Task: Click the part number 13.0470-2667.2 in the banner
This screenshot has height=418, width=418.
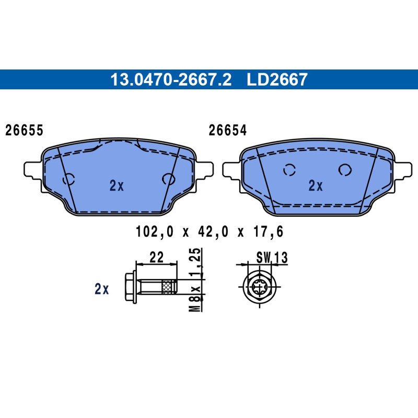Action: pyautogui.click(x=171, y=79)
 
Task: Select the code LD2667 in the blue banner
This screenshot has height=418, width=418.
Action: pyautogui.click(x=277, y=79)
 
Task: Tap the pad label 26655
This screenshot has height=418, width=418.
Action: pyautogui.click(x=24, y=130)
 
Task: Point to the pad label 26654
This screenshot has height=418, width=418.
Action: pyautogui.click(x=227, y=130)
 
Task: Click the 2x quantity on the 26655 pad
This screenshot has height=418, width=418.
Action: pyautogui.click(x=117, y=185)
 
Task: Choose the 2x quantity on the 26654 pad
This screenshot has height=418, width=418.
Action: pyautogui.click(x=316, y=185)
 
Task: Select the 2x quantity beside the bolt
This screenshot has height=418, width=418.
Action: pyautogui.click(x=101, y=289)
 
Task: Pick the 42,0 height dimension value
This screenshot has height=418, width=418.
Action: pyautogui.click(x=213, y=231)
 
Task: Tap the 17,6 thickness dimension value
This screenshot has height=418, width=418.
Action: pyautogui.click(x=268, y=231)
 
